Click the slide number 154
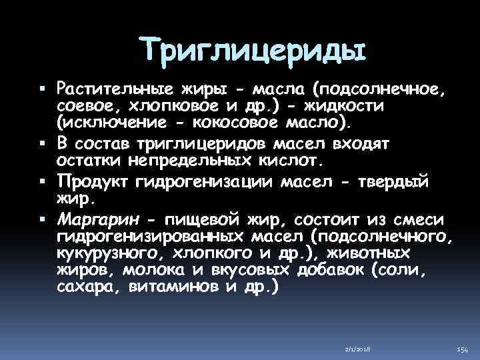461,349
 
